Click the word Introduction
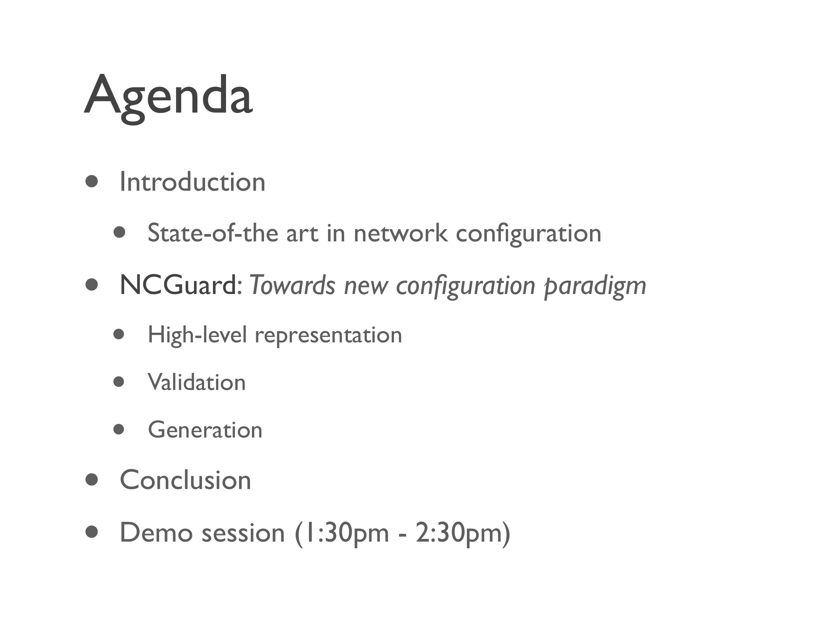point(193,181)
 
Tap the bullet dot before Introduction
point(92,181)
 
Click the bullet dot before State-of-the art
point(120,233)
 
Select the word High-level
point(197,335)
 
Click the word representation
point(329,336)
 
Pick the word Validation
point(197,382)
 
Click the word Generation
point(205,430)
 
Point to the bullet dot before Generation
point(119,429)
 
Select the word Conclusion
point(186,480)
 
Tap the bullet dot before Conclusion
point(92,480)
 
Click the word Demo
point(156,533)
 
